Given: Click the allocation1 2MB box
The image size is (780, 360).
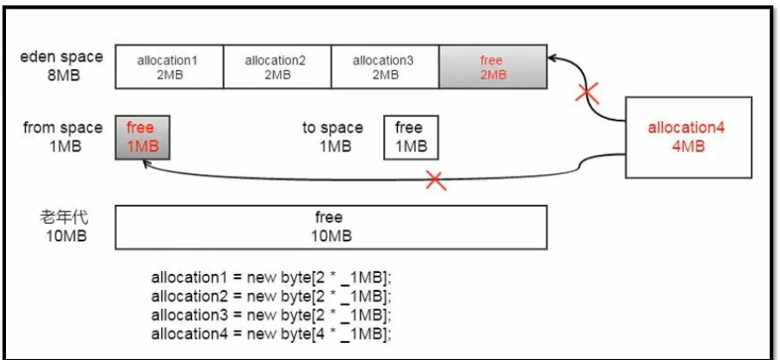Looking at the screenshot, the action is pyautogui.click(x=169, y=67).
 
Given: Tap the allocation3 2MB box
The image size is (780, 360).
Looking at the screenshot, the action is pyautogui.click(x=385, y=67).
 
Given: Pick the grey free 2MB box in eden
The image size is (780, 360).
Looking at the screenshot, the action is pyautogui.click(x=493, y=67).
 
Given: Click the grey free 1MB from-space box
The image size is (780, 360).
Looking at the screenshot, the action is pyautogui.click(x=142, y=137).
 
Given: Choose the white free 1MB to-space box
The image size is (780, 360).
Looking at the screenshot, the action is pyautogui.click(x=411, y=137).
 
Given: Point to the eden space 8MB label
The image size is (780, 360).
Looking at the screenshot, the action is pyautogui.click(x=63, y=66).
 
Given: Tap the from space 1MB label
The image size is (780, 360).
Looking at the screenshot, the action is pyautogui.click(x=63, y=136).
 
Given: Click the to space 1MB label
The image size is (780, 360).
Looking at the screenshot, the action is pyautogui.click(x=333, y=136).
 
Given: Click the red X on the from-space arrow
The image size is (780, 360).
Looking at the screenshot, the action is pyautogui.click(x=436, y=181).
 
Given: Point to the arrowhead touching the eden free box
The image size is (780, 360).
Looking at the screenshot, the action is pyautogui.click(x=553, y=58).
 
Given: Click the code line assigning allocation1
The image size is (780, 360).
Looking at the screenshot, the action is pyautogui.click(x=272, y=277).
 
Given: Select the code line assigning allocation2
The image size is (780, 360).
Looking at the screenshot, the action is pyautogui.click(x=272, y=296).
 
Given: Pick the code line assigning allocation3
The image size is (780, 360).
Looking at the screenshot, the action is pyautogui.click(x=272, y=314).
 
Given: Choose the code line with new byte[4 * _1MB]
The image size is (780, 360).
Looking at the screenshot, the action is pyautogui.click(x=272, y=333).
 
